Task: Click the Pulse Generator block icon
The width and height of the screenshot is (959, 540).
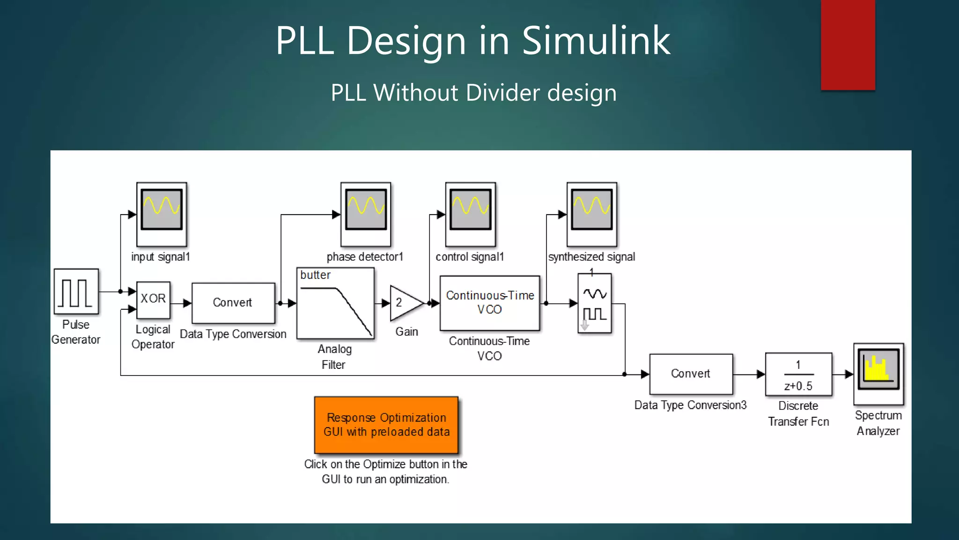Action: pos(76,292)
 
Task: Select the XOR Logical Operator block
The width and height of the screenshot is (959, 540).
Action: pos(153,300)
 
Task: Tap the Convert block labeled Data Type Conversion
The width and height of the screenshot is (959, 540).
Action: pos(233,303)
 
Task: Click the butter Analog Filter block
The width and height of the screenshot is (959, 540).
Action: pos(335,303)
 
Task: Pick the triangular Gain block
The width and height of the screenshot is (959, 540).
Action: pos(405,303)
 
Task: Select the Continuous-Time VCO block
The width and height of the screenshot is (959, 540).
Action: pos(490,303)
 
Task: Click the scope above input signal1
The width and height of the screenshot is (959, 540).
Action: pos(162,214)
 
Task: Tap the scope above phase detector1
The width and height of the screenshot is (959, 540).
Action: pos(366,214)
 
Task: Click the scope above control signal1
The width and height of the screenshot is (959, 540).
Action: pos(470,214)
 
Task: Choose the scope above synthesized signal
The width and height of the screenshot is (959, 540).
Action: pos(592,214)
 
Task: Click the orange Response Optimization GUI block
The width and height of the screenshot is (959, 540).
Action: pos(386,425)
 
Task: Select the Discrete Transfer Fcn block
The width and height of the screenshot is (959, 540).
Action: pos(798,375)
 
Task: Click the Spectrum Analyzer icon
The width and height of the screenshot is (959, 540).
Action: pos(878,374)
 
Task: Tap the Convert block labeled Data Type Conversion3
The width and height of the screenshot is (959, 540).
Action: pos(691,374)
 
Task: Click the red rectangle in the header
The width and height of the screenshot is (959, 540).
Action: pos(848,45)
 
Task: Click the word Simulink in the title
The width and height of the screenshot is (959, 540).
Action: pos(596,41)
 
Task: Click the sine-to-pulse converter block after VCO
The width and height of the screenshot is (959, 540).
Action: pos(595,303)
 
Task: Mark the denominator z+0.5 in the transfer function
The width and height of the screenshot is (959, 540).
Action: pos(798,386)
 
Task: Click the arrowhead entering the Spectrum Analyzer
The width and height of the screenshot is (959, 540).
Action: pos(849,374)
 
